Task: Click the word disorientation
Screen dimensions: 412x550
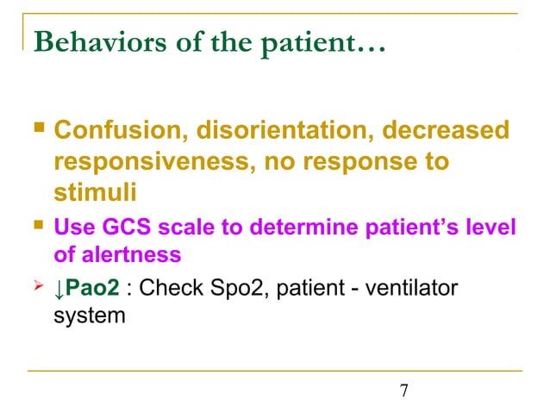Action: point(257,134)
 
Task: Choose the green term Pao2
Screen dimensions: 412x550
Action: point(93,287)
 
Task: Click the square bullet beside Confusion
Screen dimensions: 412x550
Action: point(36,133)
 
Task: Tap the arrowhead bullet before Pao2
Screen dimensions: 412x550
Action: point(36,285)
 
